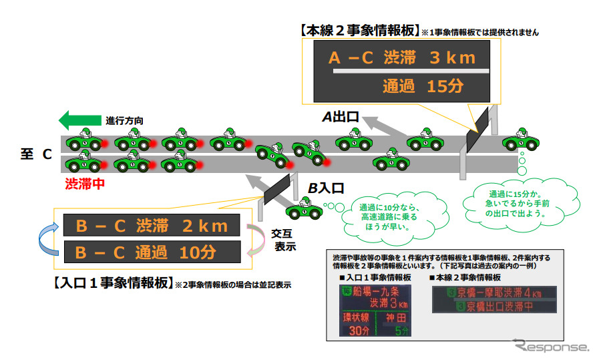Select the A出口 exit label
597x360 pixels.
tap(341, 118)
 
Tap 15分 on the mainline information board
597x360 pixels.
tap(441, 85)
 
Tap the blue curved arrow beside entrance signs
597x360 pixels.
tap(48, 238)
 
